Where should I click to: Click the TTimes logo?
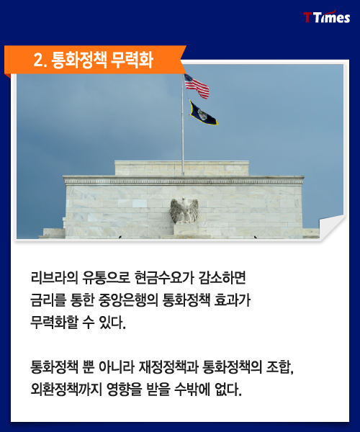327,17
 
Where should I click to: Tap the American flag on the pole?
197,86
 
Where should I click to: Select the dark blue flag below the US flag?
203,113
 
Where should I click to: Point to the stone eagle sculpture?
184,210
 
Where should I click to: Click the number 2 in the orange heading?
39,60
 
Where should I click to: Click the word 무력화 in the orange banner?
132,60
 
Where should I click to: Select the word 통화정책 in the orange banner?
79,60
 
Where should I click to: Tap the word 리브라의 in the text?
54,278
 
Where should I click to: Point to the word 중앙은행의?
128,300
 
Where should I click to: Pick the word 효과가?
233,300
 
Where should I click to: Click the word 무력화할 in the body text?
54,322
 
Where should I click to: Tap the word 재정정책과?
168,367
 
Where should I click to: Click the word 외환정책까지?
66,390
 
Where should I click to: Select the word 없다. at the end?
228,390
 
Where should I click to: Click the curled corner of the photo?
331,228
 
